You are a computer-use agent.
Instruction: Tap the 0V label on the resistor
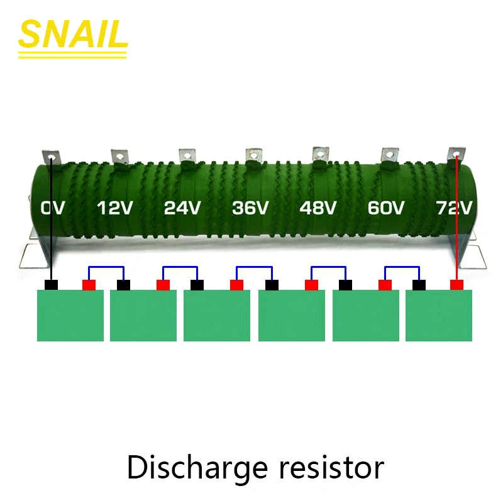[x=52, y=208]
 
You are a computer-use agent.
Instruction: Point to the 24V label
[x=182, y=208]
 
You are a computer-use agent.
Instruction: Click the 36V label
[x=250, y=208]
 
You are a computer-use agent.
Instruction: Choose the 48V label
[x=318, y=208]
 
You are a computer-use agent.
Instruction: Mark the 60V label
[x=386, y=208]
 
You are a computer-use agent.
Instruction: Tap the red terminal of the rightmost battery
[x=456, y=285]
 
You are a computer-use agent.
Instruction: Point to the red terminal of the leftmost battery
[x=89, y=285]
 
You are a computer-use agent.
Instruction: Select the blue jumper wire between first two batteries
[x=106, y=268]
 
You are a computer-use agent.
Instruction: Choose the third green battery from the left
[x=217, y=316]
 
